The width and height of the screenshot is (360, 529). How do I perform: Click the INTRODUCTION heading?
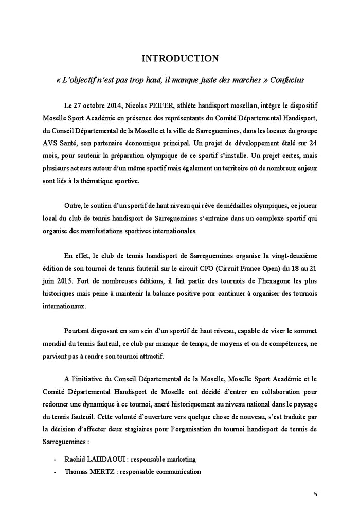point(180,59)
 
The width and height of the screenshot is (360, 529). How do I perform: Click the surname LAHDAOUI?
point(110,459)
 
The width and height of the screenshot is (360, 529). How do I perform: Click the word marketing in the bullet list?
point(179,459)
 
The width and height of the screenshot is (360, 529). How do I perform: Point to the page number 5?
point(315,495)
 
